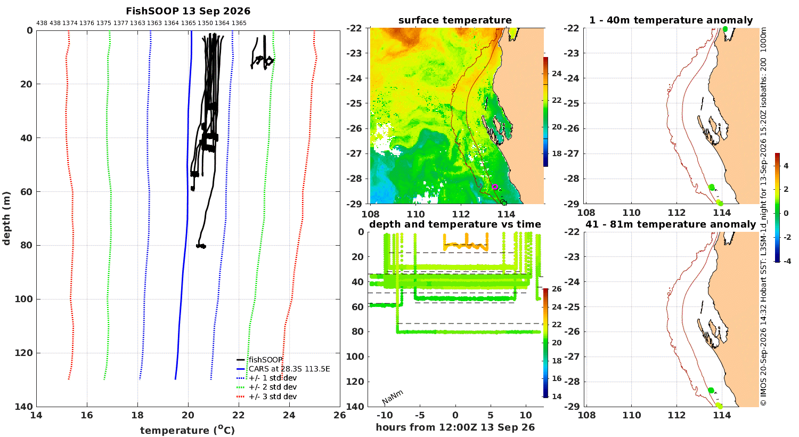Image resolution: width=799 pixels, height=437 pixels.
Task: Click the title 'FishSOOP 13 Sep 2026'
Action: pos(188,11)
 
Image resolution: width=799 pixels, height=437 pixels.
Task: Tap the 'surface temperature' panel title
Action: pos(455,20)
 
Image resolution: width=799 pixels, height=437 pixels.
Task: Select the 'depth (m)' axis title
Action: pos(6,218)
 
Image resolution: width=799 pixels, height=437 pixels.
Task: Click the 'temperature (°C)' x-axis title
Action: pos(187,430)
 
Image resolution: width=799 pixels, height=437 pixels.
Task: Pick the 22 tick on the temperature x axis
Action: pos(239,415)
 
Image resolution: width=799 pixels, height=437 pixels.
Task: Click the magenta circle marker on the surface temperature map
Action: pos(495,187)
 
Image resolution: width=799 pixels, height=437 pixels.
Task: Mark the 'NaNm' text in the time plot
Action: pos(393,397)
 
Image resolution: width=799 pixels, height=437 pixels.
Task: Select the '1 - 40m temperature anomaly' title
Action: pos(671,20)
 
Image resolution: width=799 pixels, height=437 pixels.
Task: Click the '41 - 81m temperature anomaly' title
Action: pos(671,224)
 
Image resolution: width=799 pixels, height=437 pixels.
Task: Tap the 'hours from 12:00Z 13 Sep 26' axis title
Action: pos(455,427)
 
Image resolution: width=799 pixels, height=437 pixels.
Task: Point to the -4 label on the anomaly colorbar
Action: pos(786,261)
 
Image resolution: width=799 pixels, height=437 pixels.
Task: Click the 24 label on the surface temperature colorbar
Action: pos(557,74)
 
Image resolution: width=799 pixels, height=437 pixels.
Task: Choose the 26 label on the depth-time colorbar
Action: pos(557,289)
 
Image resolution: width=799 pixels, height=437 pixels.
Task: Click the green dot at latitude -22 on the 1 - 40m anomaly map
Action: pos(725,29)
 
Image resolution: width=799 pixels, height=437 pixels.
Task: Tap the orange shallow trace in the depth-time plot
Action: pos(466,242)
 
